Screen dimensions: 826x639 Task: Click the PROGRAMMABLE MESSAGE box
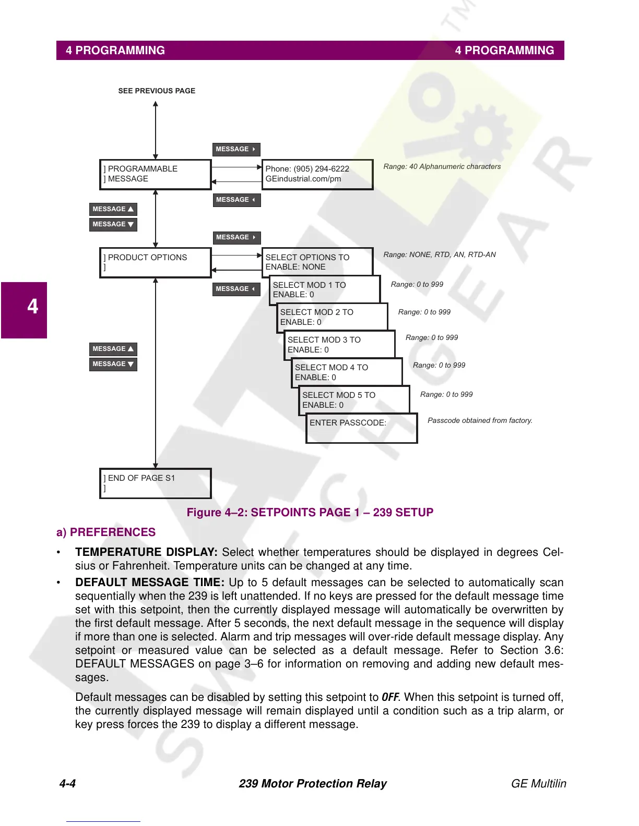click(x=155, y=174)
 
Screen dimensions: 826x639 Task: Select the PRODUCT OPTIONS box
click(x=155, y=262)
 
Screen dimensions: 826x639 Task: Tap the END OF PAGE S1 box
click(x=155, y=483)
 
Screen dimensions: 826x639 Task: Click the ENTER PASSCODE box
click(x=361, y=428)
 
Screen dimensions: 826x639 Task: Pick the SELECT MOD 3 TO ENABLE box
click(x=339, y=345)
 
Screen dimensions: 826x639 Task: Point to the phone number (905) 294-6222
click(x=321, y=169)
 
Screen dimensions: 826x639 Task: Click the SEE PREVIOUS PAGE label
click(x=157, y=91)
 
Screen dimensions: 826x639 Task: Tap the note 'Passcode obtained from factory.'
click(x=480, y=420)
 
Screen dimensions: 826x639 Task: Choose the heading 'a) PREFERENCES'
click(x=106, y=532)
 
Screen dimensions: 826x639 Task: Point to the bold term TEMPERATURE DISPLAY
click(x=146, y=552)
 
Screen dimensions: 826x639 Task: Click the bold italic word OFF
click(x=390, y=697)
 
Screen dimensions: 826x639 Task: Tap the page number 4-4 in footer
click(x=67, y=784)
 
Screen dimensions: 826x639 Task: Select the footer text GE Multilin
click(x=538, y=784)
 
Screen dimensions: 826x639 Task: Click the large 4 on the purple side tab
click(x=32, y=307)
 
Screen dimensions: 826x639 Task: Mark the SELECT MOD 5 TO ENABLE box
click(x=354, y=400)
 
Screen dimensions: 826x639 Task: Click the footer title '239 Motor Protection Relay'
click(x=313, y=784)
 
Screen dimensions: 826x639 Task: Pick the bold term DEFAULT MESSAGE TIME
click(x=150, y=582)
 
